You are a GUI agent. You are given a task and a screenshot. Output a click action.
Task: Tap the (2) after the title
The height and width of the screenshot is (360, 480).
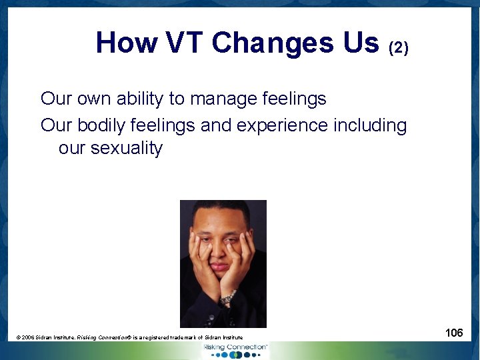click(x=399, y=47)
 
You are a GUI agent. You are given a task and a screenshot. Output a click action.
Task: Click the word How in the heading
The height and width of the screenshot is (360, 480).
click(x=126, y=43)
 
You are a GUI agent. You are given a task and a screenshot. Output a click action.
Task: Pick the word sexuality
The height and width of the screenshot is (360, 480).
click(x=126, y=148)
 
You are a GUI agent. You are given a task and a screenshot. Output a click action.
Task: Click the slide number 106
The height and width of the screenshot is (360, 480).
click(x=454, y=332)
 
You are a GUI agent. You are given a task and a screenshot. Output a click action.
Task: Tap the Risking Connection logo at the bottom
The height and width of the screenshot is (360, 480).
click(x=235, y=349)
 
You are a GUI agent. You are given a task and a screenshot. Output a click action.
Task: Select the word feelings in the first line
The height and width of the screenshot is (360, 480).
click(x=293, y=99)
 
